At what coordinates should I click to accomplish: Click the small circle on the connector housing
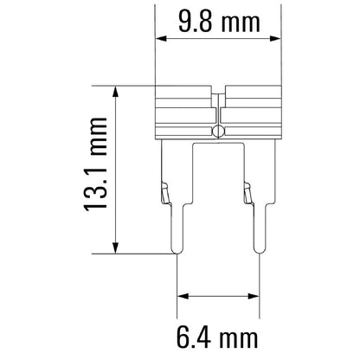(x=218, y=132)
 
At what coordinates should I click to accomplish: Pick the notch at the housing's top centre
(x=219, y=89)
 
